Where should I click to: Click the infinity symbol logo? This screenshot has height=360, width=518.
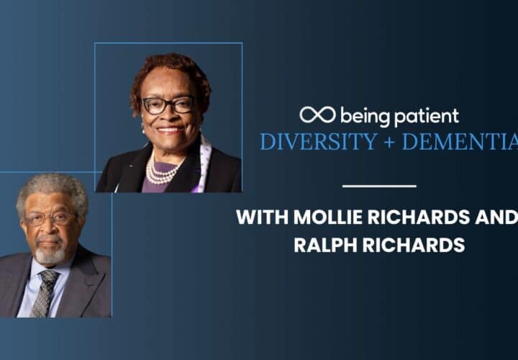pyautogui.click(x=317, y=114)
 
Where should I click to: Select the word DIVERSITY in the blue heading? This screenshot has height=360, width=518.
pyautogui.click(x=319, y=142)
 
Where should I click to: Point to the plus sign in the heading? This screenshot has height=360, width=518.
pyautogui.click(x=389, y=142)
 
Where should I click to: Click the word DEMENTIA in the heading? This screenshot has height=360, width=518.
pyautogui.click(x=460, y=142)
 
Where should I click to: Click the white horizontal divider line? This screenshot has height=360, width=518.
pyautogui.click(x=379, y=186)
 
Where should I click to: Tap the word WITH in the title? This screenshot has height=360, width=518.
pyautogui.click(x=263, y=217)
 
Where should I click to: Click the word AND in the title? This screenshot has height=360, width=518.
pyautogui.click(x=496, y=217)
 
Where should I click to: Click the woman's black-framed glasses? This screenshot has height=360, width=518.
pyautogui.click(x=168, y=105)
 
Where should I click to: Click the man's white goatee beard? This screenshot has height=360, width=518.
pyautogui.click(x=50, y=254)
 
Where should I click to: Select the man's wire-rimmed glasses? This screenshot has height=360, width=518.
pyautogui.click(x=48, y=218)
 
